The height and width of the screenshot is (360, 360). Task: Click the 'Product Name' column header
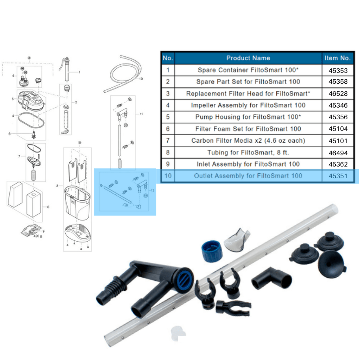point(248,58)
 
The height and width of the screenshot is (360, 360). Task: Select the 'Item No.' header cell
point(337,58)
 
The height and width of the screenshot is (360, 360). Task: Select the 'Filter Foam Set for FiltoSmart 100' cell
point(248,129)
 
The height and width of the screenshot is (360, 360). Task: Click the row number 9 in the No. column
point(167,164)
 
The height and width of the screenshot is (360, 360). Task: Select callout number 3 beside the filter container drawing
point(57,185)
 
